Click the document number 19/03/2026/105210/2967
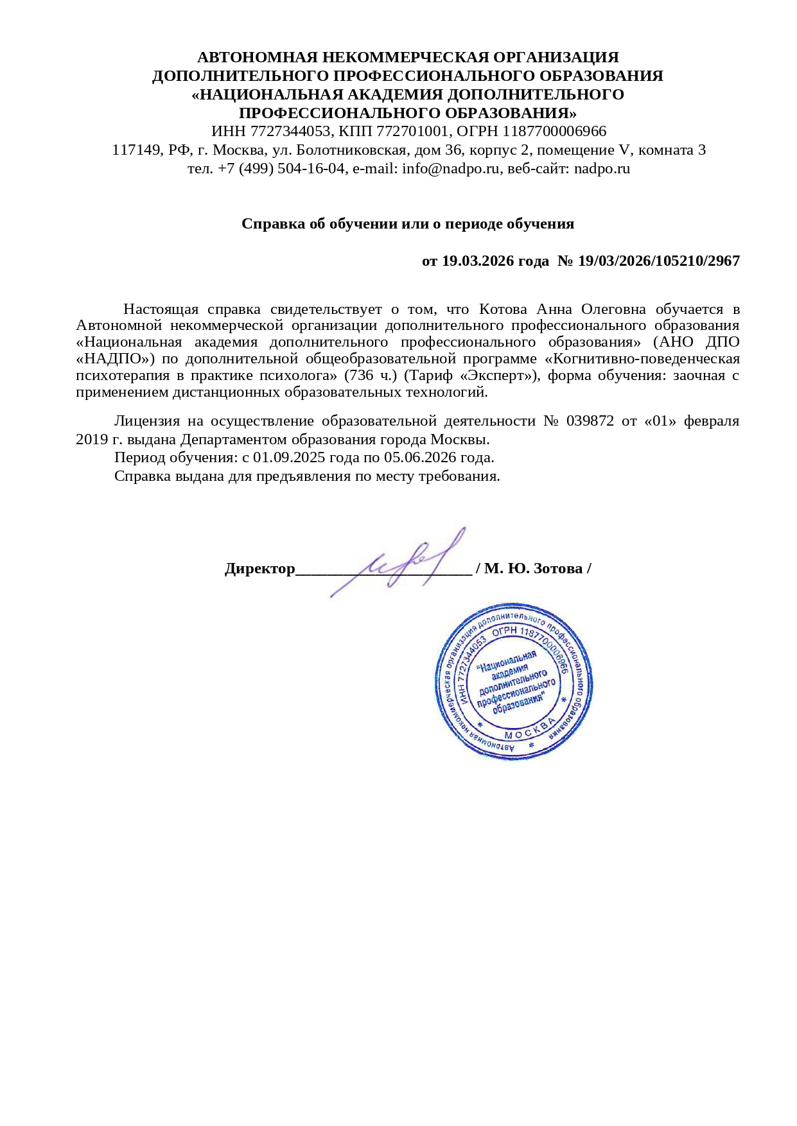coord(659,261)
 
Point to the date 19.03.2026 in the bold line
coord(478,261)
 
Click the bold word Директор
coord(259,569)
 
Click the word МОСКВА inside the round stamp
coord(530,729)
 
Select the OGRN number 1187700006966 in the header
coord(554,132)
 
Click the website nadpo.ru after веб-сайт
coord(602,169)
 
